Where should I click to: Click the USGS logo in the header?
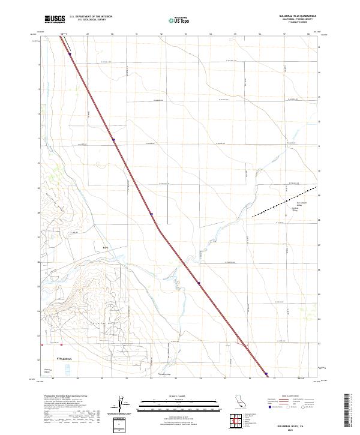click(x=55, y=19)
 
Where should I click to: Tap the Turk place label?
click(x=105, y=247)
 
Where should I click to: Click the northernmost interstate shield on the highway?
click(x=70, y=54)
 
